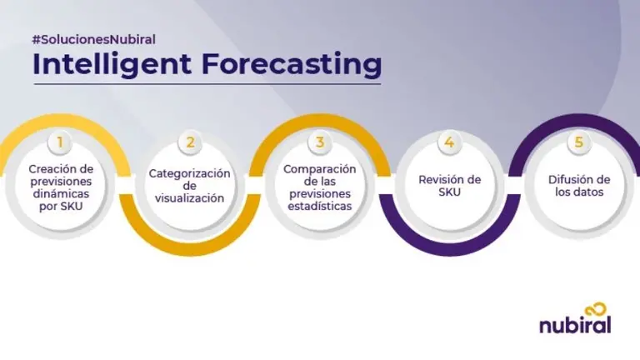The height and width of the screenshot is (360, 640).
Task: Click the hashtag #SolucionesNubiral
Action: coord(94,39)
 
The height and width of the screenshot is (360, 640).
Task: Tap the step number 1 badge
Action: coord(59,142)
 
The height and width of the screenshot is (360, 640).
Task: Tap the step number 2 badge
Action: coord(190,142)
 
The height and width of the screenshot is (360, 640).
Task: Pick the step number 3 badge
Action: coord(319,142)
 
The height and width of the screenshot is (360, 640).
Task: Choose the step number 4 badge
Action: coord(449,142)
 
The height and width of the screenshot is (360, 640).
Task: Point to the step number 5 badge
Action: coord(579,142)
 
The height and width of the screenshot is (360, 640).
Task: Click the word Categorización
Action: coord(189,173)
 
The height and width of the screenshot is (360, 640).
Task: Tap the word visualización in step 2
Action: coord(189,198)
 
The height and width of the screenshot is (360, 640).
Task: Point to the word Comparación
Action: coord(319,168)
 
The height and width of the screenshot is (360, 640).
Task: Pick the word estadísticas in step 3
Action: coord(319,206)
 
